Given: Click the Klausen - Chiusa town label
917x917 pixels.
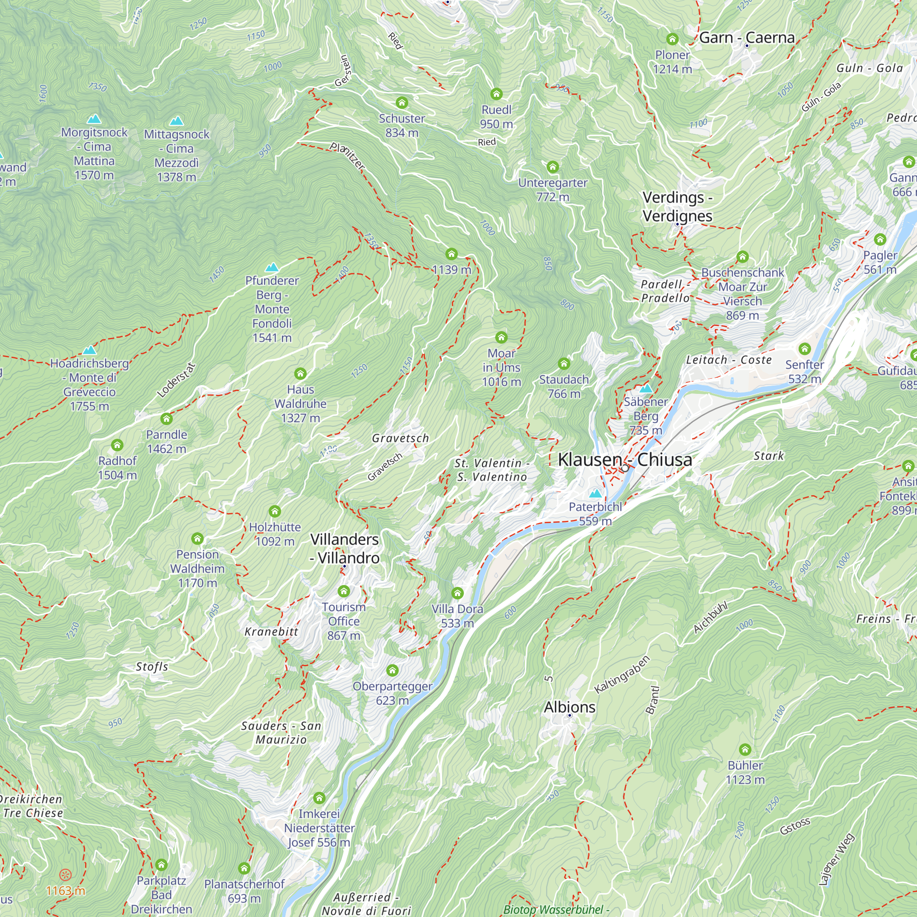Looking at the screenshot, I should [x=624, y=459].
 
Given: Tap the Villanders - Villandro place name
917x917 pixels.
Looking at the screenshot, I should [x=345, y=549].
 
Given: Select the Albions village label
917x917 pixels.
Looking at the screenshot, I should [x=569, y=707].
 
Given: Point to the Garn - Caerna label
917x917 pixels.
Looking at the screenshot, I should [x=746, y=38].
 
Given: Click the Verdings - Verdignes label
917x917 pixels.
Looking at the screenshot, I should [x=677, y=206].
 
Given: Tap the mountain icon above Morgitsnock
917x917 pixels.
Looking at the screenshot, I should [x=94, y=119].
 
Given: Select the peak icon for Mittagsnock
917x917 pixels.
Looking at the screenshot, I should [x=177, y=121].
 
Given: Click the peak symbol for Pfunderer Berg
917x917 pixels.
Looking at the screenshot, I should [x=272, y=267].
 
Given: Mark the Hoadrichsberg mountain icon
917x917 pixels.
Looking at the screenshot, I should [x=89, y=350].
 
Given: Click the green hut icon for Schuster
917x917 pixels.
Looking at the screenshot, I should [x=402, y=103].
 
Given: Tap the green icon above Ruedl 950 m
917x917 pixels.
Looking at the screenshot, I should [x=497, y=94].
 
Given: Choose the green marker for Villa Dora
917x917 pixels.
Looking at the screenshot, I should [x=457, y=593].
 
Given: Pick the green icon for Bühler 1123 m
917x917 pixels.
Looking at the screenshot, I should [x=745, y=750].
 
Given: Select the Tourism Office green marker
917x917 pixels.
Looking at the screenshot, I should [x=343, y=591].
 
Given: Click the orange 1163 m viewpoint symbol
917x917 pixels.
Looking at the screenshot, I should [x=66, y=874].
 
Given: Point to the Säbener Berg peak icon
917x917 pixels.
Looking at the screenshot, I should [x=646, y=389].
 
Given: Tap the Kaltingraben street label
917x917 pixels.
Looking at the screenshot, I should [x=622, y=674].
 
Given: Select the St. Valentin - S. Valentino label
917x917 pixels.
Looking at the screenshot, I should [x=492, y=470].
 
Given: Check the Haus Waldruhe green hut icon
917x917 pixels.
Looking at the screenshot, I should [x=300, y=374].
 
